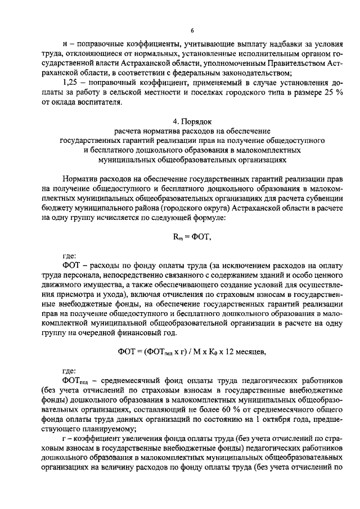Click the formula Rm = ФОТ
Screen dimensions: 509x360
(x=192, y=237)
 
